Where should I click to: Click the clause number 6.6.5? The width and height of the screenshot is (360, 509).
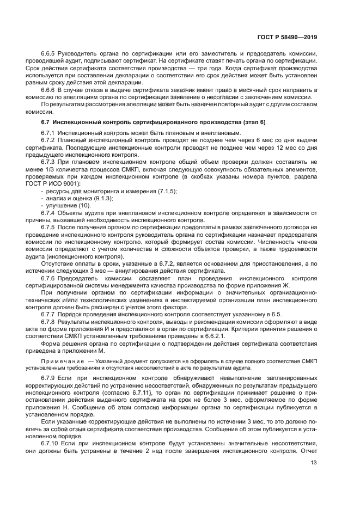click(50, 54)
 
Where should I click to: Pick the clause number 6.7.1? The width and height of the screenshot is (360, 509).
click(50, 133)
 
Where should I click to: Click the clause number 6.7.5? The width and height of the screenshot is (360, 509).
click(50, 225)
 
